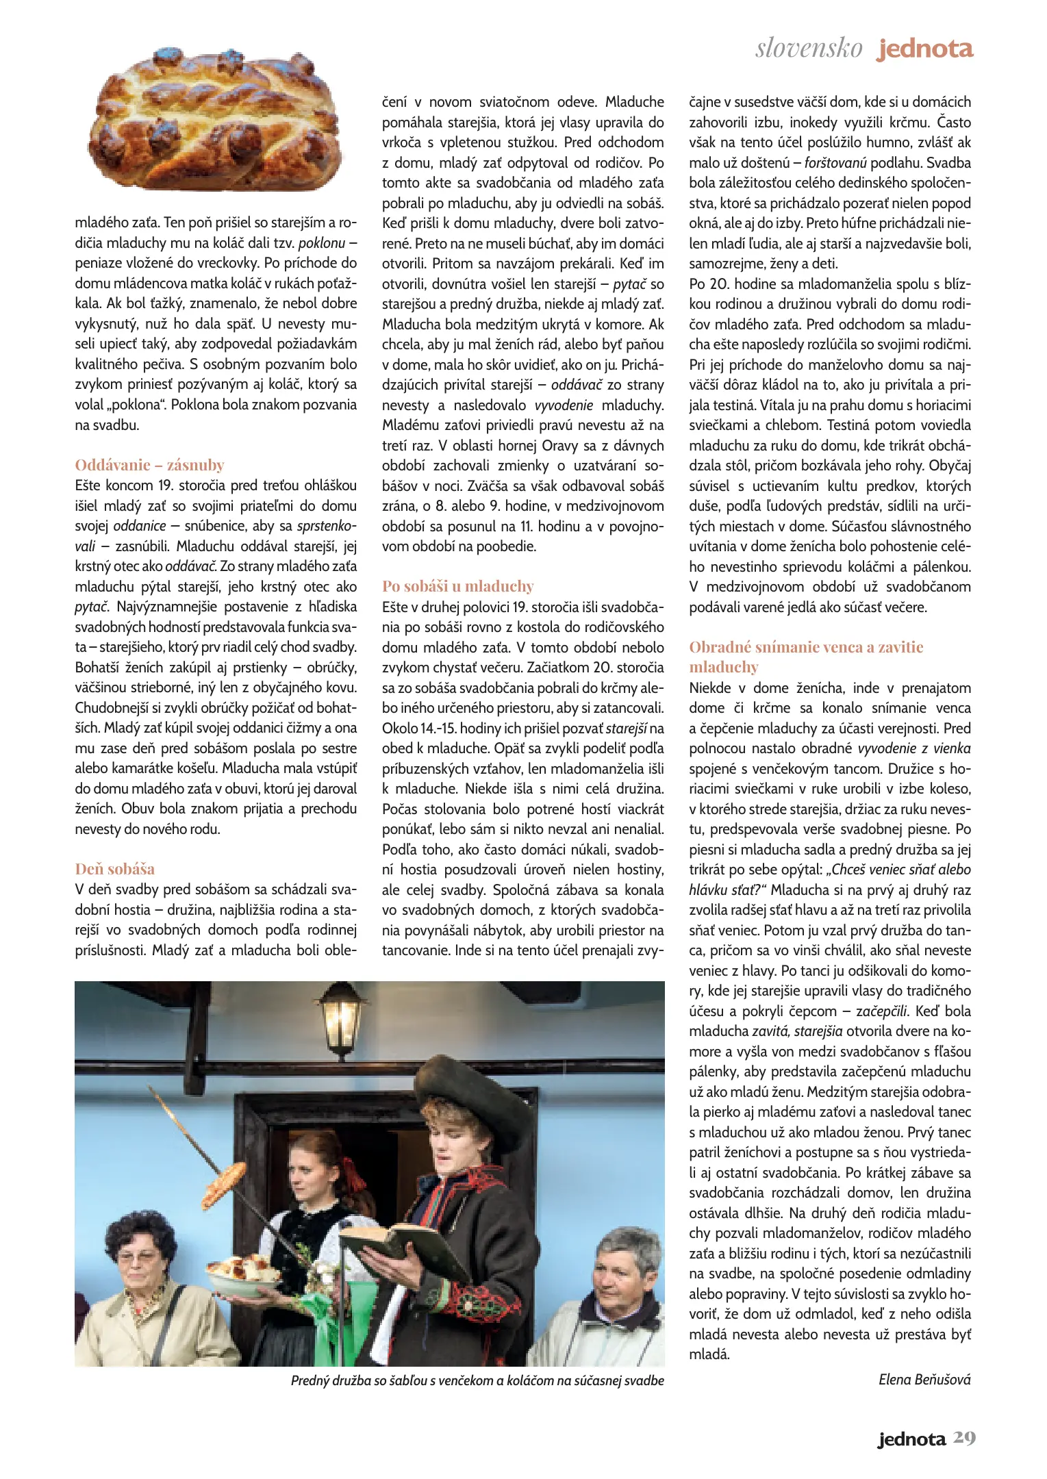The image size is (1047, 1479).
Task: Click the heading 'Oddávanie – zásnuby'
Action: pyautogui.click(x=149, y=465)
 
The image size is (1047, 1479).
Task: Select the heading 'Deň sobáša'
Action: pyautogui.click(x=115, y=869)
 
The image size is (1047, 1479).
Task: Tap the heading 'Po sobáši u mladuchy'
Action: pyautogui.click(x=457, y=586)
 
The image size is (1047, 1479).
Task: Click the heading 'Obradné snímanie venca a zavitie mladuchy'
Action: pyautogui.click(x=806, y=657)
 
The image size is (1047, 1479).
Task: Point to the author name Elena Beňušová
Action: pyautogui.click(x=924, y=1380)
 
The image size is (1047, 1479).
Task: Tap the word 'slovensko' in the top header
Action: pyautogui.click(x=809, y=49)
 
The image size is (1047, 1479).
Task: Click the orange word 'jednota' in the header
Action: pyautogui.click(x=926, y=49)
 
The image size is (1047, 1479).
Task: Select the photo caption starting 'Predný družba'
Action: pyautogui.click(x=477, y=1380)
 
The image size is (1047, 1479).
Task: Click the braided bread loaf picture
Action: pyautogui.click(x=214, y=119)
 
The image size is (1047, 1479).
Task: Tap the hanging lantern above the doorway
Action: pyautogui.click(x=341, y=1022)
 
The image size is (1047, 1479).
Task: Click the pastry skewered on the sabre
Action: pyautogui.click(x=223, y=1185)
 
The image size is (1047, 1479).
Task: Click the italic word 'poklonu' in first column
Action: pyautogui.click(x=322, y=243)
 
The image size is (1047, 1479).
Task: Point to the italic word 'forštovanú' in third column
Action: pyautogui.click(x=835, y=163)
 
